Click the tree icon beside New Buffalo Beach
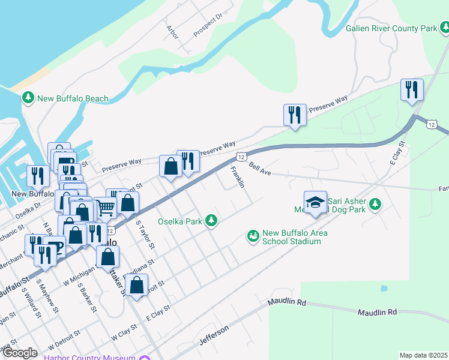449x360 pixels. [28, 98]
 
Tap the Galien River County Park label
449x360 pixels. [392, 28]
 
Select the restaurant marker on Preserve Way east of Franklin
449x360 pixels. [295, 115]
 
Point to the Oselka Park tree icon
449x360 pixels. [211, 221]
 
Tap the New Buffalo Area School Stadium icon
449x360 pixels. [253, 236]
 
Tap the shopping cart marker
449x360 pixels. [106, 208]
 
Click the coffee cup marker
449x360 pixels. [55, 247]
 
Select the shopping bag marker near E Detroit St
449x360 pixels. [136, 285]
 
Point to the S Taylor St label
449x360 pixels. [145, 235]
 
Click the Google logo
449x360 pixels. [20, 353]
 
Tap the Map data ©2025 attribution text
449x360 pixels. [423, 355]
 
